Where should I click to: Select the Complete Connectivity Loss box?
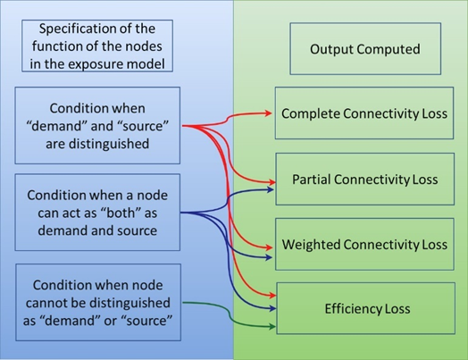[364, 113]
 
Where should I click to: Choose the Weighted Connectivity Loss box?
[364, 244]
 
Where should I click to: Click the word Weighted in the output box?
[309, 244]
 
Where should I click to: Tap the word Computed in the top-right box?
[385, 48]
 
